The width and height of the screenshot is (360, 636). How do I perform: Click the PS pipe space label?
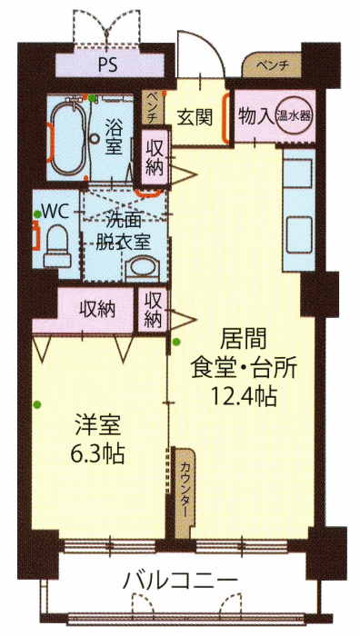(x=107, y=65)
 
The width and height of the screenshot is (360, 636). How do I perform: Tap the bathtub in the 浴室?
(x=68, y=137)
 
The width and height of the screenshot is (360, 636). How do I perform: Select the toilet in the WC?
(x=57, y=246)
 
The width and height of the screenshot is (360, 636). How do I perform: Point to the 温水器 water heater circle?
(x=294, y=116)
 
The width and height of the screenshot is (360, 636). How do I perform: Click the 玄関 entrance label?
(x=195, y=118)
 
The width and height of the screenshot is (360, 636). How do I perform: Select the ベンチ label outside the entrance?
(x=272, y=65)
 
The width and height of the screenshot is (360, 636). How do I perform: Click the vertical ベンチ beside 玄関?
(x=151, y=107)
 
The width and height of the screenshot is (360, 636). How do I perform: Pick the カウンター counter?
(x=185, y=492)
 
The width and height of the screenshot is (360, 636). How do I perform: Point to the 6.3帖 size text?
(x=97, y=454)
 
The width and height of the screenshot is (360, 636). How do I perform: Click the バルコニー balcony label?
(x=180, y=581)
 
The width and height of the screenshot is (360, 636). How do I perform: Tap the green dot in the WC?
(x=37, y=214)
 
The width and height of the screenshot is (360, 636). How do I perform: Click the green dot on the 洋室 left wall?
(x=37, y=404)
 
